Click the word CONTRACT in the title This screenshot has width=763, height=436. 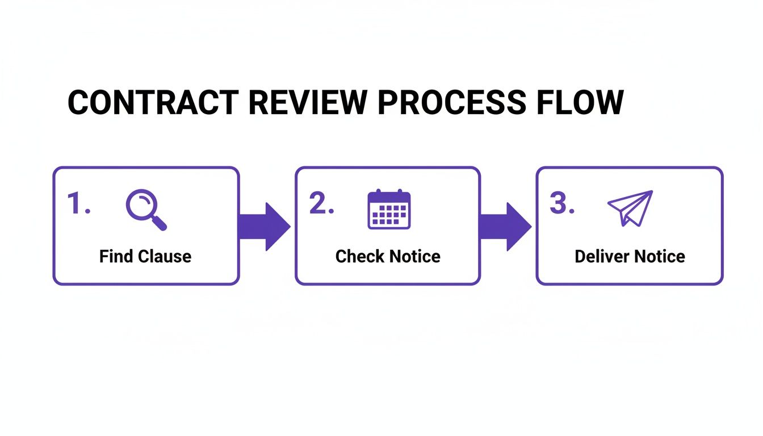tap(153, 103)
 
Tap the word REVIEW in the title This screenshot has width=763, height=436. tap(304, 103)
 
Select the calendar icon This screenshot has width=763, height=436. tap(389, 209)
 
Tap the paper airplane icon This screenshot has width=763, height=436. tap(630, 208)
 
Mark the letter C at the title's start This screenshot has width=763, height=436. tap(79, 103)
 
